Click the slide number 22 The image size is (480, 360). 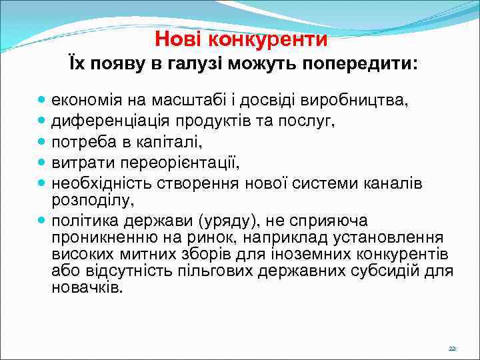tap(452, 349)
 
